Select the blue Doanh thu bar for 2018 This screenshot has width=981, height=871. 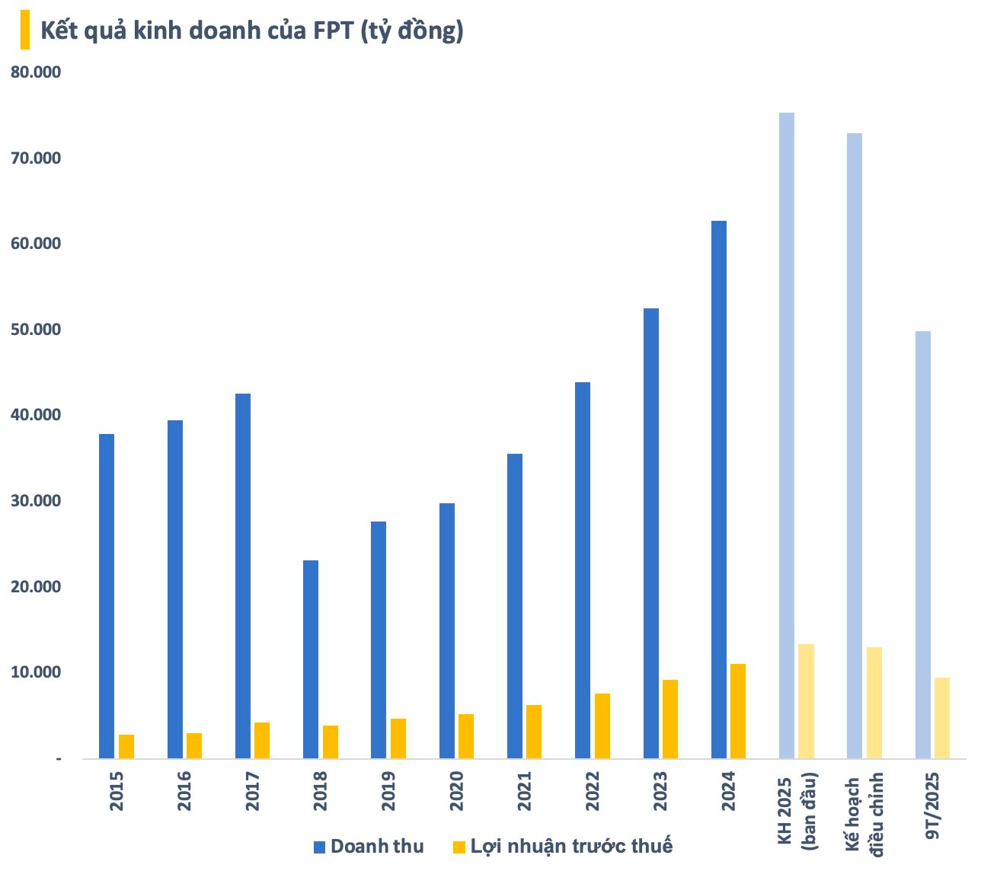[311, 659]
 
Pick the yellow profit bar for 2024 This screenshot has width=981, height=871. [738, 711]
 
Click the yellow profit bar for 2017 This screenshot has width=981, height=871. [262, 740]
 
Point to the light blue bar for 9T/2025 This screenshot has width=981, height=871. [923, 545]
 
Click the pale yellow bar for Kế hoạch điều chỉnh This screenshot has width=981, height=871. [874, 703]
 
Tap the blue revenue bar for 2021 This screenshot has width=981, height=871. [515, 606]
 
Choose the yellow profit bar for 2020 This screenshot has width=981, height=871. [466, 736]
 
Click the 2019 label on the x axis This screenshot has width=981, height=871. [388, 791]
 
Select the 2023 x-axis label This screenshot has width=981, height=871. [660, 791]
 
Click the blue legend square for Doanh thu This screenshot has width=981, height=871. [320, 847]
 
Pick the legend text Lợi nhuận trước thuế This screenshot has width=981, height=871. [571, 846]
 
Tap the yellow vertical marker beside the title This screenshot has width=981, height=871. [25, 30]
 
